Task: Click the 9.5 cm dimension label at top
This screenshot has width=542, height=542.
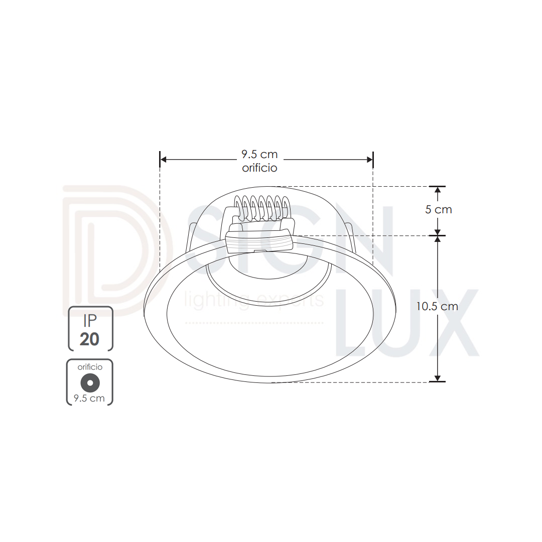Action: coord(259,154)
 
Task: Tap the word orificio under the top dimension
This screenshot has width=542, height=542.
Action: coord(259,168)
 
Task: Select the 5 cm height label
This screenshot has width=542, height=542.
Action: coord(438,209)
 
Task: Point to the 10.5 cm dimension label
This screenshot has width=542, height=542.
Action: coord(437,306)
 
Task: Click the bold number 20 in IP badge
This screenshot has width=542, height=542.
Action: coord(89,339)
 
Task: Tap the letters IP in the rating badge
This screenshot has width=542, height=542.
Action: coord(90,321)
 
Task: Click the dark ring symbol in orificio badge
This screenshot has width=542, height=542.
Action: coord(90,383)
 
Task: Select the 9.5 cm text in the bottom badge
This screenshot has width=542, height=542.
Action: coord(89,398)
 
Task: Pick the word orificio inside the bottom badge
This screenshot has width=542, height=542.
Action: coord(90,367)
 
